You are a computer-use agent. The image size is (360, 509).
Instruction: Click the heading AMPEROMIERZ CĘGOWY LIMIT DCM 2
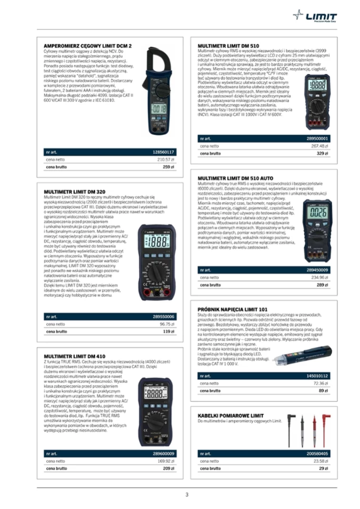88,46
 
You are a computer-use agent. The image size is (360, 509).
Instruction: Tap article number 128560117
163,151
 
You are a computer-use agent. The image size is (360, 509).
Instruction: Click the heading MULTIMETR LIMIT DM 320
74,191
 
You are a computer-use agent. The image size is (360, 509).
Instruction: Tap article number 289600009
163,453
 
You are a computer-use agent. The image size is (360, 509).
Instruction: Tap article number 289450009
317,270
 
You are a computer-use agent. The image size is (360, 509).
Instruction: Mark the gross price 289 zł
323,285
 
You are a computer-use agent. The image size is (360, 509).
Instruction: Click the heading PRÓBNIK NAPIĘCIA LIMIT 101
232,309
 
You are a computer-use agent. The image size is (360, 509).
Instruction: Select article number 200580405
317,453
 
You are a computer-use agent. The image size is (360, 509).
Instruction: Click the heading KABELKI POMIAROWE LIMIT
230,415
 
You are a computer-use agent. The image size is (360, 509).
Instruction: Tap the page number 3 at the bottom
187,494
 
